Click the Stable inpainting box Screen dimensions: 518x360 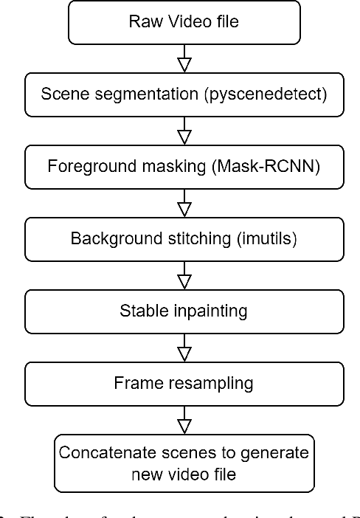[x=184, y=311]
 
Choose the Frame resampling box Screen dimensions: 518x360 [x=184, y=383]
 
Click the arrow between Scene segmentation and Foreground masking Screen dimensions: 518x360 [x=184, y=131]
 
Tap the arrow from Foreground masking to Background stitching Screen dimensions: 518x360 [x=184, y=203]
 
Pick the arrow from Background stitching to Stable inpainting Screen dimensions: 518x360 [x=184, y=275]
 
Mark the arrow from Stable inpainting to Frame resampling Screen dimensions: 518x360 [x=184, y=347]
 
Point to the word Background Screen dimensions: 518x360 [x=111, y=238]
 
